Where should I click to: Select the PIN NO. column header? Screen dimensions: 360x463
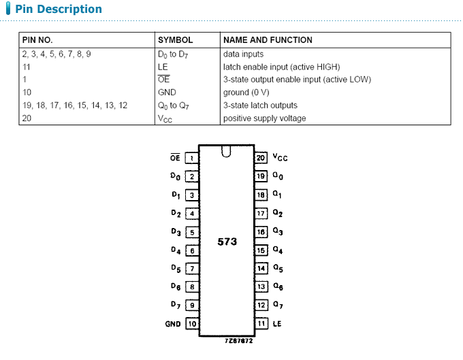click(x=37, y=40)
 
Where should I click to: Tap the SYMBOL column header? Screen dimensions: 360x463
click(x=175, y=40)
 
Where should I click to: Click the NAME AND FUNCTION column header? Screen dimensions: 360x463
click(x=268, y=40)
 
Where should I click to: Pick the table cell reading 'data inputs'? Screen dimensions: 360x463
click(x=243, y=54)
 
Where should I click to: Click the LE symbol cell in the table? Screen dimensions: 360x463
click(x=163, y=67)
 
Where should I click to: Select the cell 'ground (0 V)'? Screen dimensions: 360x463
click(x=247, y=93)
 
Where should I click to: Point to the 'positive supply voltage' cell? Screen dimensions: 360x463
click(x=264, y=118)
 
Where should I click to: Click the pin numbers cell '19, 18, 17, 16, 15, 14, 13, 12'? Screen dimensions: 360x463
click(x=74, y=105)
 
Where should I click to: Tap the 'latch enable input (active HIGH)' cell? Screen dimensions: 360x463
click(x=281, y=67)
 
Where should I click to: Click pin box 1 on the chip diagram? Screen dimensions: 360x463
click(x=192, y=159)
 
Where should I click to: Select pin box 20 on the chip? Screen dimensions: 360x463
click(x=261, y=158)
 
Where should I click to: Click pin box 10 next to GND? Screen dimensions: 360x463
click(x=192, y=324)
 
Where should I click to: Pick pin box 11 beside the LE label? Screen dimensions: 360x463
click(x=261, y=324)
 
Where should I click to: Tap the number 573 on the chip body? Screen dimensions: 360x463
click(x=227, y=242)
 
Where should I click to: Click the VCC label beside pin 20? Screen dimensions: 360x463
click(x=280, y=158)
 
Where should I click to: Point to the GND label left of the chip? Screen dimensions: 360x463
click(x=173, y=324)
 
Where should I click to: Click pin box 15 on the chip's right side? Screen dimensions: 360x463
click(x=261, y=250)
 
